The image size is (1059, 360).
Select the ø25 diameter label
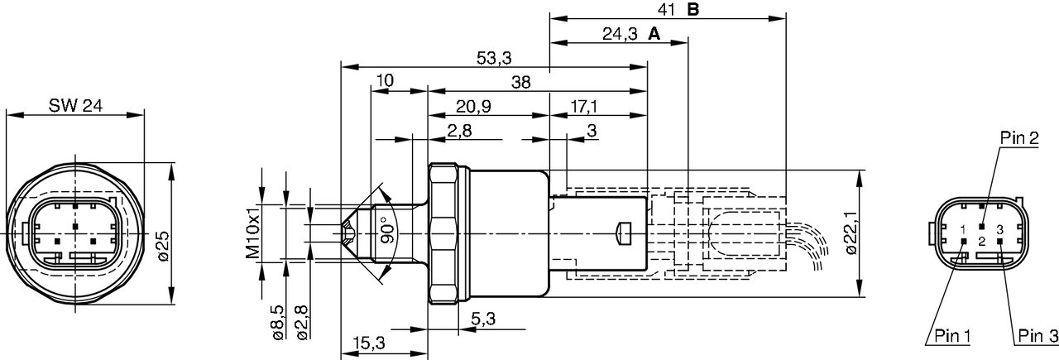coord(162,246)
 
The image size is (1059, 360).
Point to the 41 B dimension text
coord(678,10)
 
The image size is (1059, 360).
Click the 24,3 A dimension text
coord(630,34)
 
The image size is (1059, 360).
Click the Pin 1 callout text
coord(952,335)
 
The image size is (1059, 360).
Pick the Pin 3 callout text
coord(1037,335)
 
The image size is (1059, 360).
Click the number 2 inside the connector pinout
coord(981,241)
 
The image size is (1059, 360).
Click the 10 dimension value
coord(384,81)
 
